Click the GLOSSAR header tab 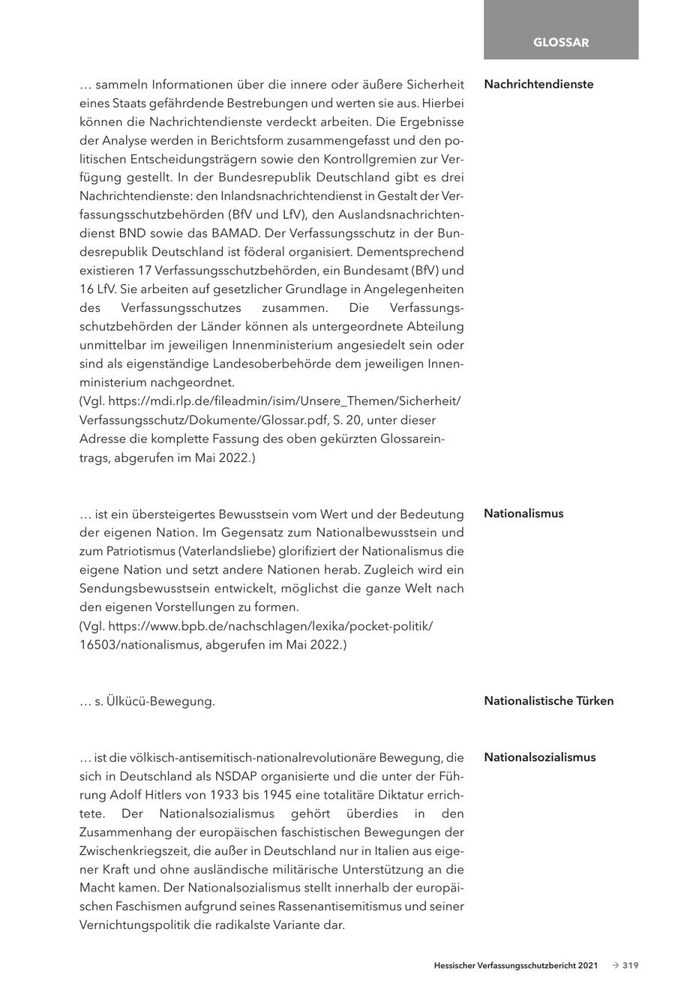(x=560, y=43)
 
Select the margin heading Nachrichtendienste (x=538, y=84)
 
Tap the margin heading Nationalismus (x=523, y=514)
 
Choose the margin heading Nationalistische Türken (x=548, y=701)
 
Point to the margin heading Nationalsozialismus (x=539, y=757)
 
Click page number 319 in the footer (x=630, y=966)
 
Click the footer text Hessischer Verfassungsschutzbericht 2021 (x=515, y=966)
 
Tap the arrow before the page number (x=615, y=966)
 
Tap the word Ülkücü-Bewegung (x=161, y=702)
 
